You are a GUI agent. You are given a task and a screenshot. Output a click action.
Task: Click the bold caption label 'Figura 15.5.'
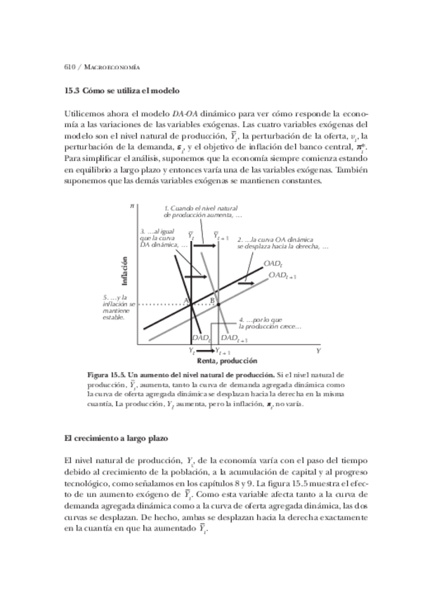[x=104, y=375]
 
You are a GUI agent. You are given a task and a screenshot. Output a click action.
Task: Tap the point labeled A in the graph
[x=188, y=300]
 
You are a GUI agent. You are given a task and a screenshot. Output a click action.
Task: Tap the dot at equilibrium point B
[x=218, y=304]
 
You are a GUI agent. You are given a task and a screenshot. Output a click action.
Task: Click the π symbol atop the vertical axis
[x=132, y=205]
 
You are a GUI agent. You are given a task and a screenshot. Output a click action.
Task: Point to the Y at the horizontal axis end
[x=318, y=349]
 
